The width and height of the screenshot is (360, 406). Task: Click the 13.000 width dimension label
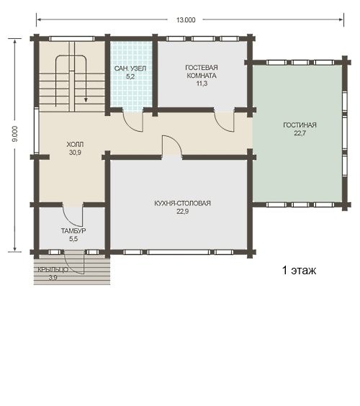(186, 20)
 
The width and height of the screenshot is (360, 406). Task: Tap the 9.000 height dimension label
(15, 134)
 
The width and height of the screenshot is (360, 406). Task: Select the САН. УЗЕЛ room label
(130, 68)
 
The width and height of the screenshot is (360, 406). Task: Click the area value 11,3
(202, 84)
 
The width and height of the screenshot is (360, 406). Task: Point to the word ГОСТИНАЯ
(300, 125)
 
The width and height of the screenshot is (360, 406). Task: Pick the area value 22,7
(300, 133)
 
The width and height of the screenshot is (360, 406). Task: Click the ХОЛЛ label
(75, 144)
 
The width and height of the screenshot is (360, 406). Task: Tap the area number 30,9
(75, 153)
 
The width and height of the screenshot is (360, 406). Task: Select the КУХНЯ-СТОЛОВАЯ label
(183, 203)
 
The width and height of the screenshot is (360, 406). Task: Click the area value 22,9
(183, 212)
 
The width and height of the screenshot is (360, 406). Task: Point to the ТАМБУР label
(73, 230)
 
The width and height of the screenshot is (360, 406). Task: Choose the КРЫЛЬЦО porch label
(53, 270)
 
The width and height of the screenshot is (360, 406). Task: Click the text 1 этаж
(299, 271)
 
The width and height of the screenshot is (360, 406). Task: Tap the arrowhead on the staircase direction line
(86, 100)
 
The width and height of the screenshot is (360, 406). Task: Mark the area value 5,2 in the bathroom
(130, 76)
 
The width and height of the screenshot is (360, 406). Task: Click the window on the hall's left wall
(36, 132)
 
